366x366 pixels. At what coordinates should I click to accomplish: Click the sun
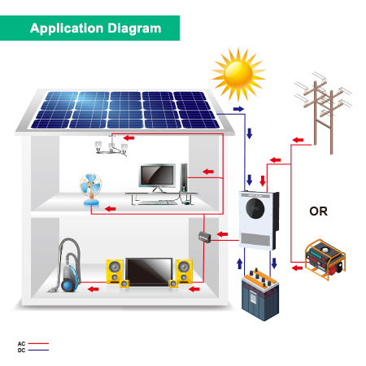(x=238, y=74)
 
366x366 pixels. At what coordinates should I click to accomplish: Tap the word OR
(x=318, y=211)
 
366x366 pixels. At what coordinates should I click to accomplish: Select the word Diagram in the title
(x=134, y=28)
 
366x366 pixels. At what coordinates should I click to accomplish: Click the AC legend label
(x=21, y=344)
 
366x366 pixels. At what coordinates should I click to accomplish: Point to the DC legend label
(x=21, y=351)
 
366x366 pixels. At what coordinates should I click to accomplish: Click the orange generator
(x=325, y=259)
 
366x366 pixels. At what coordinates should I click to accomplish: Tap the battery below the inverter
(x=260, y=294)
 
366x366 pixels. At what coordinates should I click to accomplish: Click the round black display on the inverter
(x=255, y=208)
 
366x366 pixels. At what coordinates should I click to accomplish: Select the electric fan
(x=90, y=190)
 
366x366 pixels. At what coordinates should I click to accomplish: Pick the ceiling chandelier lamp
(x=111, y=147)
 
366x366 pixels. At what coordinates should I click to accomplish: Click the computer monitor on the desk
(x=157, y=177)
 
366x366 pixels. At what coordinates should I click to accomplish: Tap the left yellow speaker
(x=115, y=272)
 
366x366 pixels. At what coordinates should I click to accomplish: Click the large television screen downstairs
(x=149, y=272)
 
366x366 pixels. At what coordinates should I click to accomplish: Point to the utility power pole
(x=323, y=112)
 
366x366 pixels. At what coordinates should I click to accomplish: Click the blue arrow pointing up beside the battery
(x=240, y=264)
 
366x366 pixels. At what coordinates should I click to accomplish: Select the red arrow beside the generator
(x=297, y=268)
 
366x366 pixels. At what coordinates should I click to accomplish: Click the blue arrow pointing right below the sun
(x=238, y=109)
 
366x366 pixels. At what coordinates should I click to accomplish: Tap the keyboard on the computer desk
(x=158, y=203)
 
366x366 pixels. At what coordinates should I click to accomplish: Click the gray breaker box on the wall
(x=205, y=237)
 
